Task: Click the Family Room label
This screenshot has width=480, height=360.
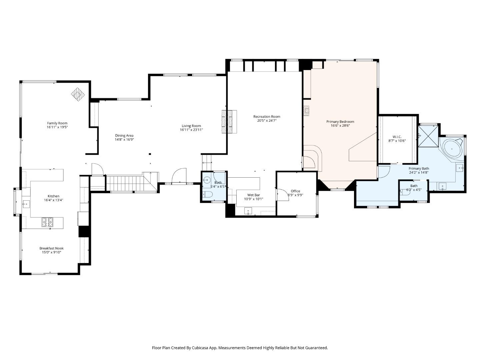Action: click(x=57, y=123)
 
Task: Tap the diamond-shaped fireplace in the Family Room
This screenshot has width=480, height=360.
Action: click(x=78, y=94)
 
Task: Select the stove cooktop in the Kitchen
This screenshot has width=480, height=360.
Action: click(x=47, y=222)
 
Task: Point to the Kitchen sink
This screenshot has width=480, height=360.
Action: click(x=26, y=203)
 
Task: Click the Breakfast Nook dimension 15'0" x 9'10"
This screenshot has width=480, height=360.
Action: click(x=51, y=253)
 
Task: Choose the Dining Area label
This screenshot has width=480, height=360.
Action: click(x=124, y=135)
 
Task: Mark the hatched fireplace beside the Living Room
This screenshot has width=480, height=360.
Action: click(x=229, y=122)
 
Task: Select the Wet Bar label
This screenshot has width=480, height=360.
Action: click(x=253, y=195)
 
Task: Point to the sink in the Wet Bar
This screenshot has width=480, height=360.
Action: click(x=248, y=211)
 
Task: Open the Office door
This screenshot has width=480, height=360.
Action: click(x=283, y=195)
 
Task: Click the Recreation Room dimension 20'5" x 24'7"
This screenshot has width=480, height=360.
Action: click(x=267, y=121)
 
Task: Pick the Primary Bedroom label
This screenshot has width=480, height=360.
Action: click(x=340, y=122)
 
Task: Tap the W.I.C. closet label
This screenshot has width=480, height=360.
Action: click(x=397, y=137)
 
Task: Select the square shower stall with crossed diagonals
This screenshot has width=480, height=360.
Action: click(x=428, y=136)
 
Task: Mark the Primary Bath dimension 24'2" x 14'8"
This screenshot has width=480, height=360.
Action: click(x=419, y=173)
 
